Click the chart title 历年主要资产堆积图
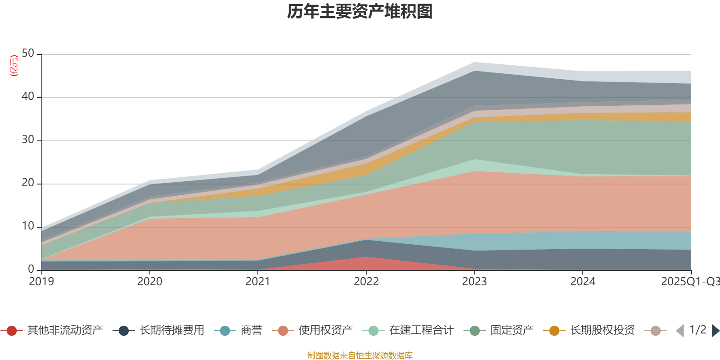click(x=360, y=12)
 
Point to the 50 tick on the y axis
click(x=28, y=54)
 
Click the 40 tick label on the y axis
click(x=28, y=97)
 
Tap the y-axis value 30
click(x=28, y=140)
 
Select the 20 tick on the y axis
click(x=28, y=183)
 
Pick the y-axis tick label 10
click(x=28, y=226)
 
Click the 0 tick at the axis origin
click(x=31, y=270)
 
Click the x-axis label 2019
click(x=41, y=282)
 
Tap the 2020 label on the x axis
click(x=150, y=282)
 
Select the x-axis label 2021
click(x=258, y=282)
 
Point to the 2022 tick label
click(x=366, y=282)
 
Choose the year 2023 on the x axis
click(x=474, y=282)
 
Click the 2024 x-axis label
click(x=583, y=282)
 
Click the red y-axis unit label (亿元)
click(x=14, y=66)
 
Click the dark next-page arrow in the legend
click(x=715, y=331)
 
